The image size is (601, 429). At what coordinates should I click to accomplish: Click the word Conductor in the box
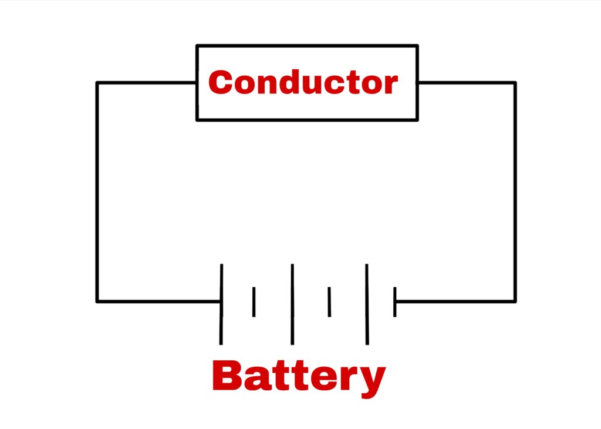point(303,83)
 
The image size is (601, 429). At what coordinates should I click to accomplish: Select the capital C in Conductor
point(221,83)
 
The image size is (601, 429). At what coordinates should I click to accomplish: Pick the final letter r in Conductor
point(390,85)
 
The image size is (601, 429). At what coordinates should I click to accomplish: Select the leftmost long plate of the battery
point(221,304)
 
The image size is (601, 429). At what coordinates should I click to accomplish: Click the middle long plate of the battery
point(292,304)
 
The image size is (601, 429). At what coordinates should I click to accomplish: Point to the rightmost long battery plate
point(367,304)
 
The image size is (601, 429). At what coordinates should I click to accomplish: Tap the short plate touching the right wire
point(395,301)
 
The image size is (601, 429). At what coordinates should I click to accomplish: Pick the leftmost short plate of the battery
point(254,301)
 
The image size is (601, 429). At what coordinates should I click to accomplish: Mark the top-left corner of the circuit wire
point(97,83)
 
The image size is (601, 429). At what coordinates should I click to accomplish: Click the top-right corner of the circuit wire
point(515,83)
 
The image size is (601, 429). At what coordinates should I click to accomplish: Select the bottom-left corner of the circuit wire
point(97,301)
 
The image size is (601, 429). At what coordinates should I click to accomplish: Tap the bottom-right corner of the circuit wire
point(515,301)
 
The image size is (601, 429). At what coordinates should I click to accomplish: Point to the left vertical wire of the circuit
point(97,194)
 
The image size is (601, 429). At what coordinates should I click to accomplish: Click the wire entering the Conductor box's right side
point(467,83)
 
